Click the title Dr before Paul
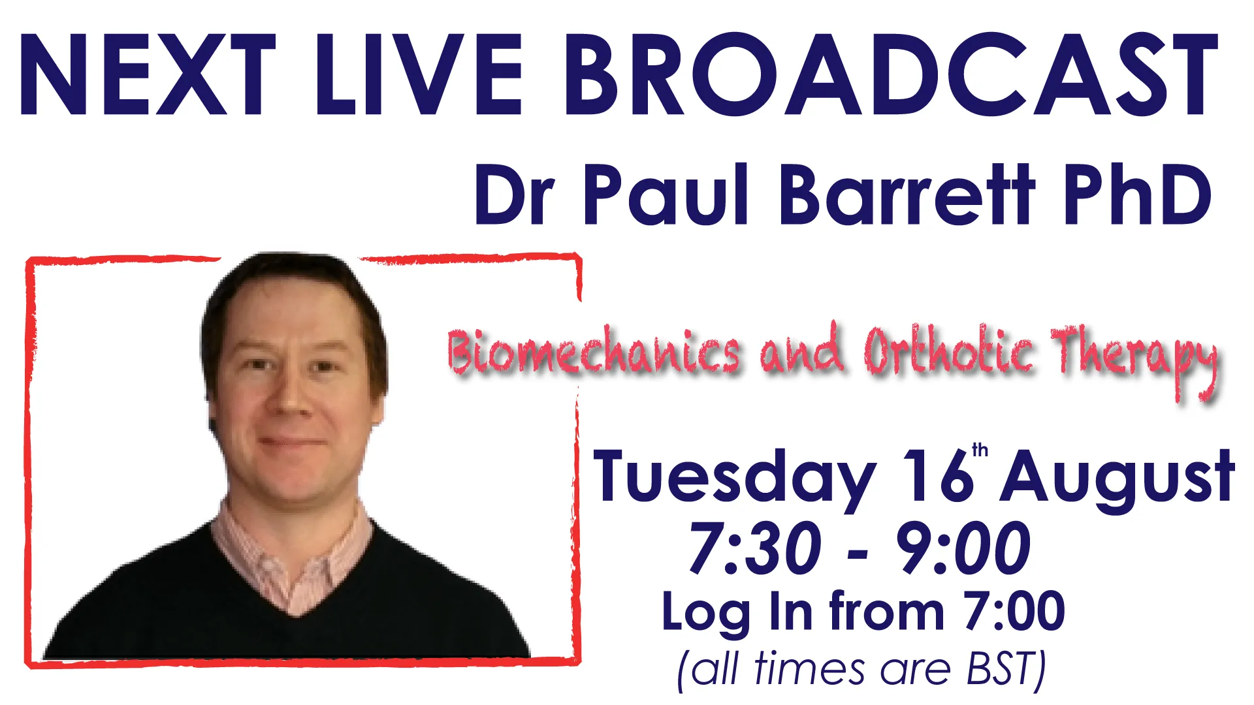tap(515, 195)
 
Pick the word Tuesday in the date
tap(734, 478)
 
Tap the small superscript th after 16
tap(980, 450)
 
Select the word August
tap(1117, 480)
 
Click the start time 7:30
tap(755, 548)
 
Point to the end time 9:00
tap(963, 548)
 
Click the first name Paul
tap(666, 194)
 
